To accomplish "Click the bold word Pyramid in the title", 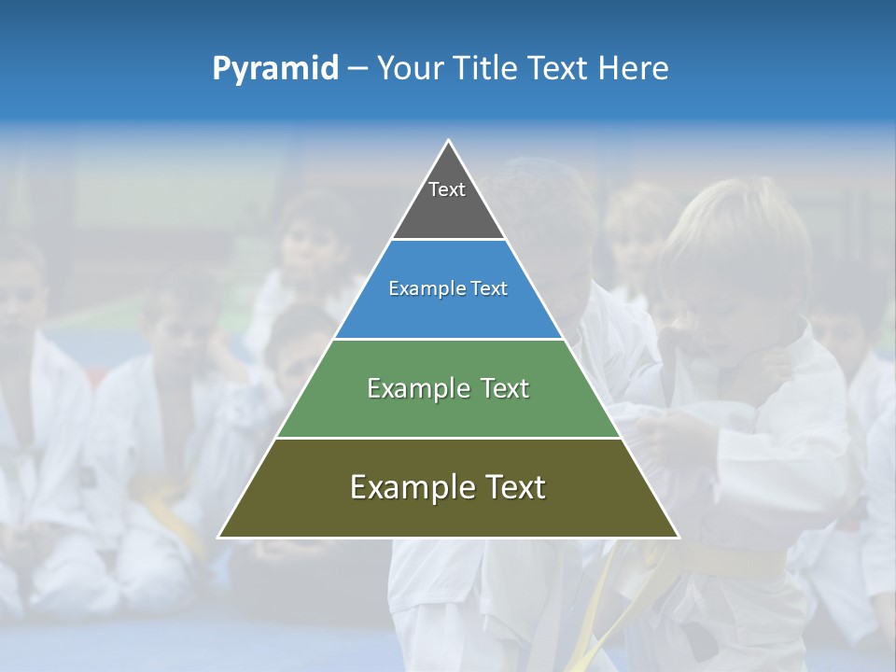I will tap(275, 68).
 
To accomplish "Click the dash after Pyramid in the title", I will tap(357, 68).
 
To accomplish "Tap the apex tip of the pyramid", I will tap(449, 141).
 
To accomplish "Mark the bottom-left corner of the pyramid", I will tap(219, 537).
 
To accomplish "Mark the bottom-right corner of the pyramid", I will tap(679, 537).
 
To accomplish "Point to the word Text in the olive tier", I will tap(515, 487).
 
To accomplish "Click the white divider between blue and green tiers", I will tap(448, 339).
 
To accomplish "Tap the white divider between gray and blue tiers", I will tap(448, 240).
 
